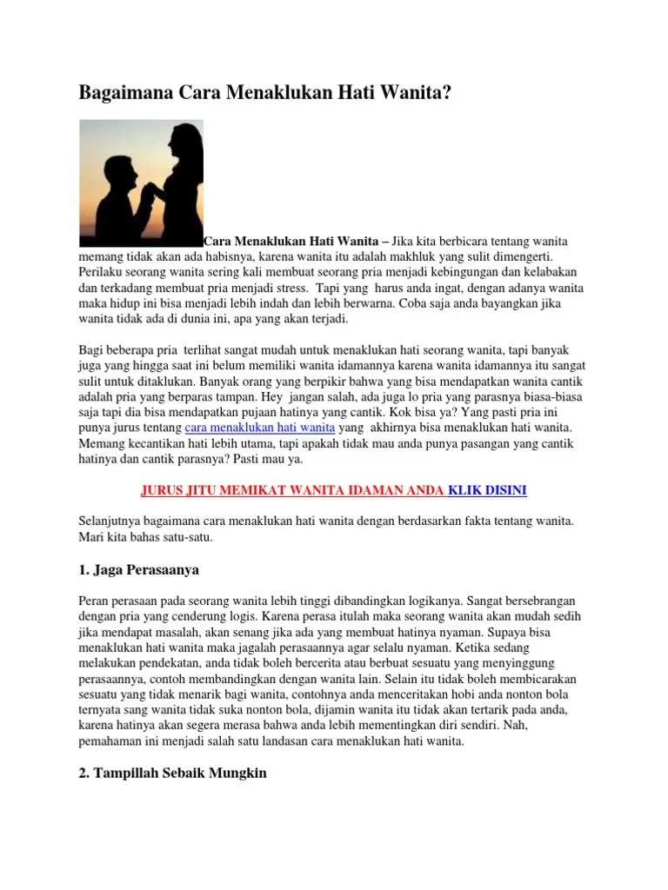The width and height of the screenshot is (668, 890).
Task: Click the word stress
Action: click(x=288, y=288)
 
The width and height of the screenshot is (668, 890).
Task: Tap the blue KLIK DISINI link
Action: click(x=487, y=490)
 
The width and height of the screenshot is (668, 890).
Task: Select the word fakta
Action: click(x=483, y=521)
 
